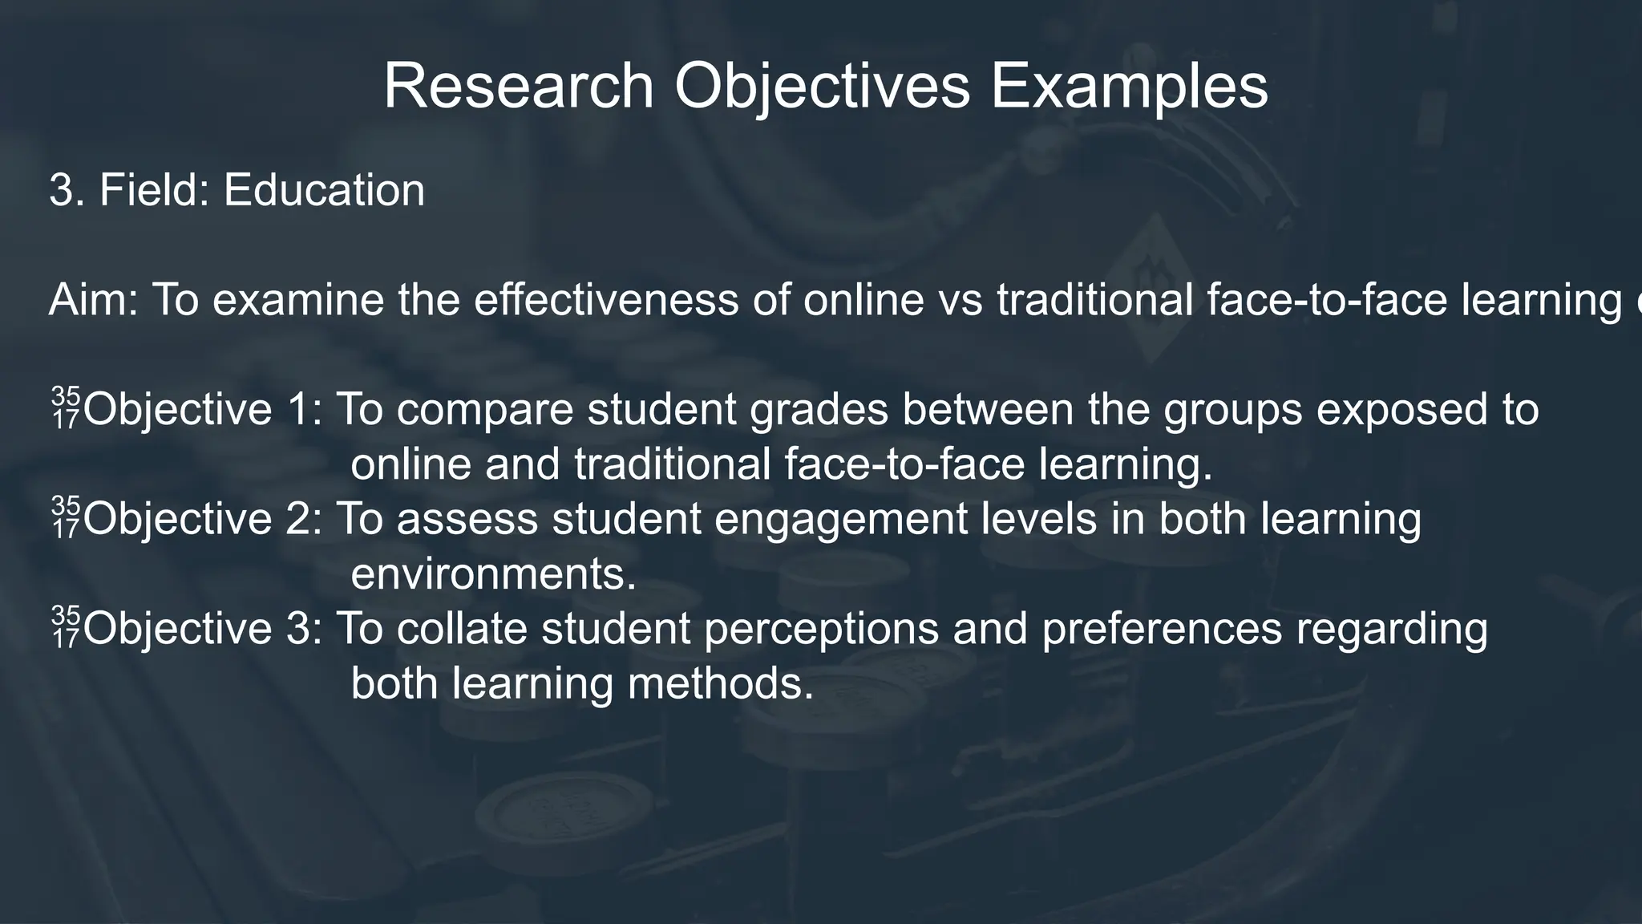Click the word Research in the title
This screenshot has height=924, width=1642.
[519, 87]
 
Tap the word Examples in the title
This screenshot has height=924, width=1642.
[1130, 87]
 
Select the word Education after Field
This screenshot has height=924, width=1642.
[324, 191]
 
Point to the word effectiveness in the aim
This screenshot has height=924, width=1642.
[606, 301]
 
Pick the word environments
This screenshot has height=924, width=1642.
[493, 574]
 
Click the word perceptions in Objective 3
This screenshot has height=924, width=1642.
[821, 628]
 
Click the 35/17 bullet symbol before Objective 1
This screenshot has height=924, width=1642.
[66, 407]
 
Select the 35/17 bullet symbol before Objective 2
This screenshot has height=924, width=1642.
[66, 517]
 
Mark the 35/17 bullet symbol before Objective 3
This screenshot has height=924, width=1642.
[66, 626]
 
